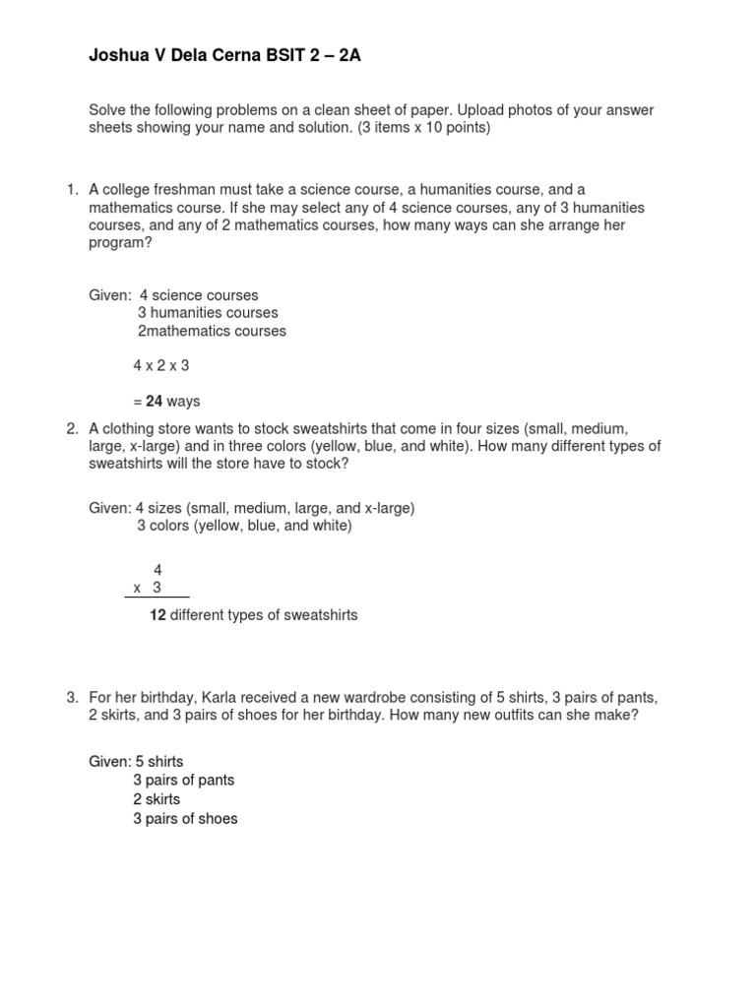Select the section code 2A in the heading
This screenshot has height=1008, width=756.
click(349, 56)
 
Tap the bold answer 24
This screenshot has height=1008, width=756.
click(154, 402)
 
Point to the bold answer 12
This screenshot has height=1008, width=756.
click(157, 615)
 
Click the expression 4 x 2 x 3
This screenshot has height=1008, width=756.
click(161, 365)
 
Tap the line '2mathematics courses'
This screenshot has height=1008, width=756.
click(212, 331)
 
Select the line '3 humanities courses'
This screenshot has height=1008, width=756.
click(208, 313)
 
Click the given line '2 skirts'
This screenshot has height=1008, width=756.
click(157, 799)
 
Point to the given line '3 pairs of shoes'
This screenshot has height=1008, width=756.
click(185, 818)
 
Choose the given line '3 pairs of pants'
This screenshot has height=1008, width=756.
click(184, 781)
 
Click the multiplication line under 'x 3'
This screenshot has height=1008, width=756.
click(160, 597)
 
